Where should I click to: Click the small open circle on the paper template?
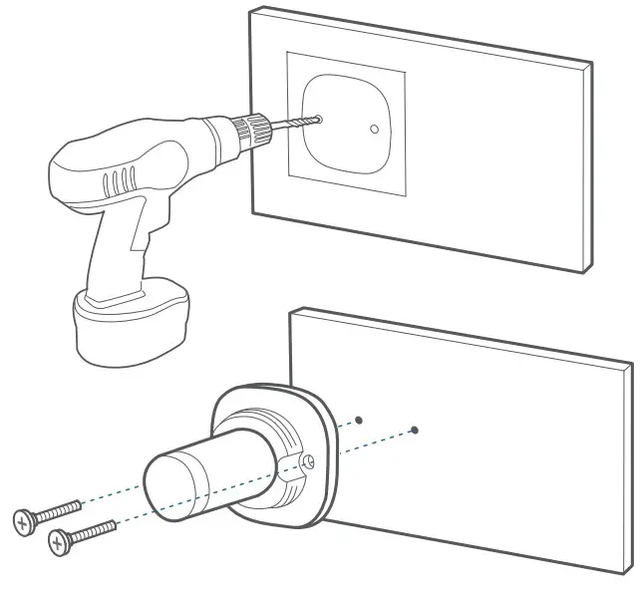click(373, 129)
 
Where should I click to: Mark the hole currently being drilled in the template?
click(317, 119)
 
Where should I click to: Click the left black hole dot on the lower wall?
click(360, 420)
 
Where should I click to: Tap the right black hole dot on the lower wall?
click(415, 431)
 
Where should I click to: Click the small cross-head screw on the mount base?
click(310, 461)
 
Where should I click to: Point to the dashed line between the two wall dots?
click(387, 426)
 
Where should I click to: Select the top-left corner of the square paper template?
click(288, 53)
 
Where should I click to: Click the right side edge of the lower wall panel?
click(626, 468)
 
